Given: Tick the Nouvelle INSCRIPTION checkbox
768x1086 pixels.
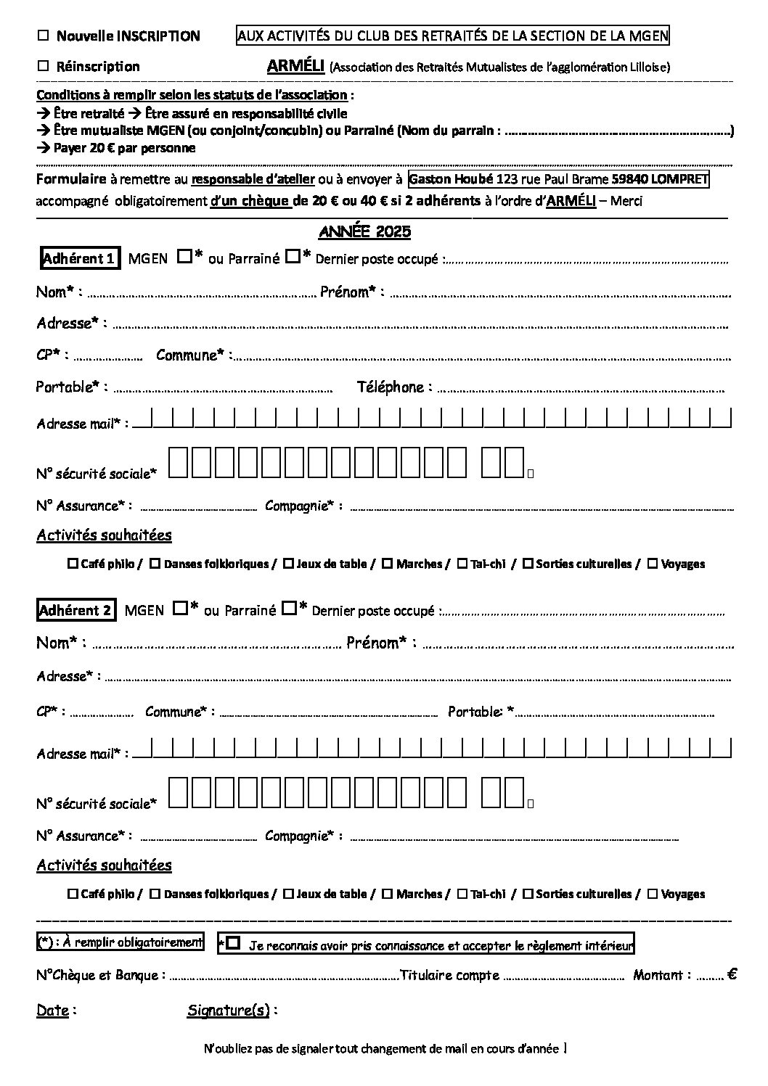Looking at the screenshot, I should (43, 36).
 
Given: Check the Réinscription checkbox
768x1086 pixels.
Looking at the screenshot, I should (43, 66).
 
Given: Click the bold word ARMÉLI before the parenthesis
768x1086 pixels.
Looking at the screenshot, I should (295, 66).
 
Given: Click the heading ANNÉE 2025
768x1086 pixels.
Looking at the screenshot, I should (365, 232).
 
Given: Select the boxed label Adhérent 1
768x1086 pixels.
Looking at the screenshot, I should (79, 258).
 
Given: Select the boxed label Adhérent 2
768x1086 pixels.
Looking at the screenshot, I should (75, 611).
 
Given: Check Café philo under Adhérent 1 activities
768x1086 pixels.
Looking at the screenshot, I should (73, 563).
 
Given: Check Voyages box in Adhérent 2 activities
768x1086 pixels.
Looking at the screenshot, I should (653, 893).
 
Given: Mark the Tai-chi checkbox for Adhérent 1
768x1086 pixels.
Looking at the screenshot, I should (462, 563).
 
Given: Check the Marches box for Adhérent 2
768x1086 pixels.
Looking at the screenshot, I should (388, 893).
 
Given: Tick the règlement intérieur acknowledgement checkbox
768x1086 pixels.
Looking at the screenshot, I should (233, 943).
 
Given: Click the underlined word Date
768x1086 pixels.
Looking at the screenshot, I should (52, 1011).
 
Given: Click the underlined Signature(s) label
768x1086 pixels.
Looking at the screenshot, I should (228, 1011).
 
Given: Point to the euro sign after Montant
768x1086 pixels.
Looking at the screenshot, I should (732, 975).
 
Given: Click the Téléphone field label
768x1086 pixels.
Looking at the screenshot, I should (390, 387).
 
